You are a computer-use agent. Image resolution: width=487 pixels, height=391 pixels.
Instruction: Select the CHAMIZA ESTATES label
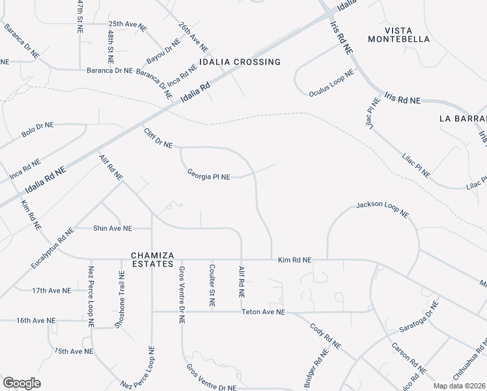click(x=143, y=260)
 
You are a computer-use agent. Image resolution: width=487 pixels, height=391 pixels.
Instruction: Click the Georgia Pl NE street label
click(x=208, y=175)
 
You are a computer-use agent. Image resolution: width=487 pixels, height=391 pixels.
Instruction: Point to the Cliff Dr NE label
click(x=158, y=138)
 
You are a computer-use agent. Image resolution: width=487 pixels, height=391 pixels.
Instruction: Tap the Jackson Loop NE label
click(x=382, y=209)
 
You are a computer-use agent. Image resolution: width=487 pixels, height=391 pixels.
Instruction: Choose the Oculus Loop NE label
click(x=331, y=81)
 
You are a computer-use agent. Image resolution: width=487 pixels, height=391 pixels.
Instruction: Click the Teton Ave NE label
click(x=264, y=312)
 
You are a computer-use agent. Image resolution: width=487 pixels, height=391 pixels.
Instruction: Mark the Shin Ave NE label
click(x=113, y=228)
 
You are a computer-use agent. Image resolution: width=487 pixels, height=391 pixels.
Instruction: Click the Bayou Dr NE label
click(x=163, y=51)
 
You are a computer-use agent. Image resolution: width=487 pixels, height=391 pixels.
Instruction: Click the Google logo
click(x=21, y=383)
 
